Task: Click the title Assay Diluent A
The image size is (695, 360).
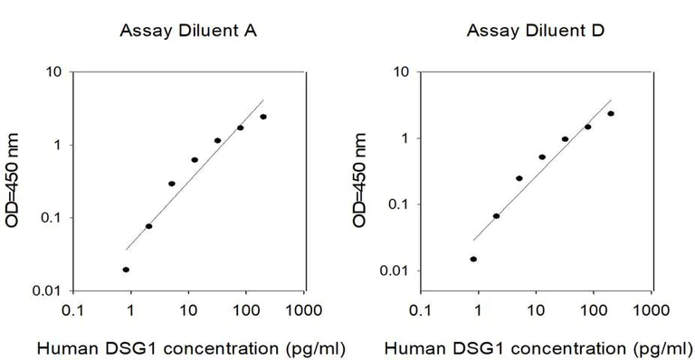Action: tap(189, 32)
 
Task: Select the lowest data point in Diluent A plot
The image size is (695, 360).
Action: tap(126, 270)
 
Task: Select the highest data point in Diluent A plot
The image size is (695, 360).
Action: tap(263, 117)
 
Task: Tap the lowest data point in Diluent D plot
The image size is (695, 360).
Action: tap(473, 259)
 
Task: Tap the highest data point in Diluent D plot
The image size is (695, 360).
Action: tap(611, 114)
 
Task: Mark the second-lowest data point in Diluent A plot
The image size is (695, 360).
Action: tap(149, 226)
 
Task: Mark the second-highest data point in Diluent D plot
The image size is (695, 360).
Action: tap(587, 127)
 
